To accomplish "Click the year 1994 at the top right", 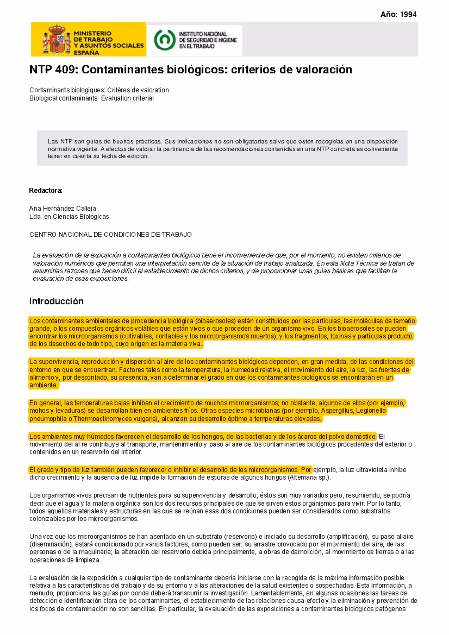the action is [x=407, y=15].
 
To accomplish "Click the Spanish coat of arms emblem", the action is [x=57, y=39].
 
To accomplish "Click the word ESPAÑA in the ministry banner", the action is [x=86, y=52].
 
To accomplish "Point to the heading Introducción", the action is [x=56, y=301].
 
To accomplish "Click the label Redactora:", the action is [x=45, y=191].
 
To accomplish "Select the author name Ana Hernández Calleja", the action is [x=62, y=209].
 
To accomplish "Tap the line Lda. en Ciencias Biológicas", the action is [x=69, y=217].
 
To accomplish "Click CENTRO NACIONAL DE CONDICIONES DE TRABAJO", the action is [x=110, y=234].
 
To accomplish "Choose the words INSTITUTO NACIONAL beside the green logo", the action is [x=203, y=34].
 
